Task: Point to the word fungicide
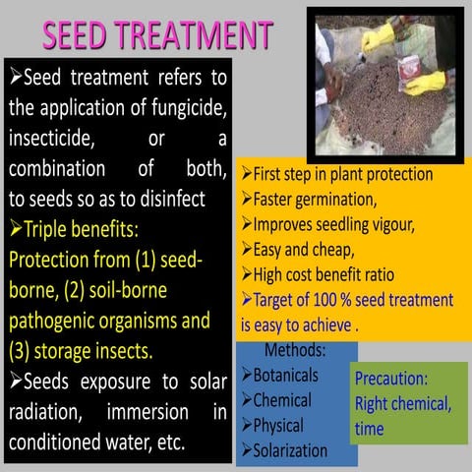point(191,107)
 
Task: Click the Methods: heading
point(296,351)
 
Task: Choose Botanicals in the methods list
point(285,376)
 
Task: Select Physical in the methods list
point(278,426)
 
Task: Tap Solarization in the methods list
point(291,450)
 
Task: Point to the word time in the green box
point(370,429)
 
